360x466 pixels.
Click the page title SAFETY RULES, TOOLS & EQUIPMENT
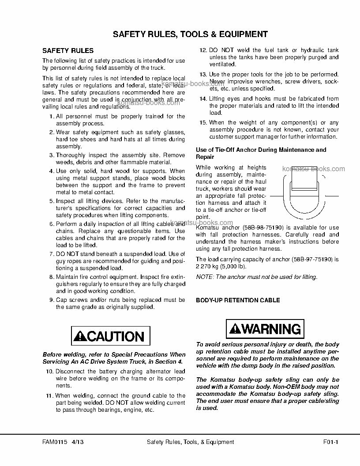[x=190, y=34]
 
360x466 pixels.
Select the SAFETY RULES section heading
[x=67, y=51]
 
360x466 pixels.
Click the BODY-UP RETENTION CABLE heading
[x=238, y=301]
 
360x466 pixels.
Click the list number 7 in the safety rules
[x=51, y=254]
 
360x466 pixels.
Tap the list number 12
[x=203, y=50]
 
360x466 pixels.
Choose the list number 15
[x=203, y=123]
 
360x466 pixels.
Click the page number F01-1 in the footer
[x=330, y=442]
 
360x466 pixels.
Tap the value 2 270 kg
[x=209, y=266]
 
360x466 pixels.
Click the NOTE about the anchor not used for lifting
[x=256, y=277]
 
